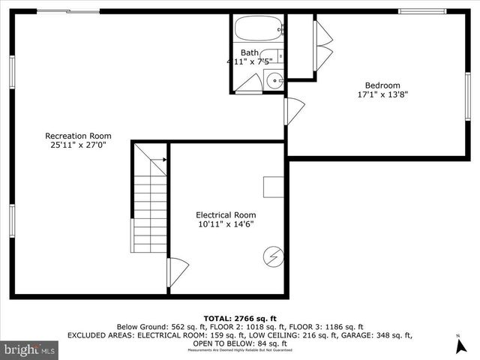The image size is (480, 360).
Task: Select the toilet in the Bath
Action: pyautogui.click(x=278, y=56)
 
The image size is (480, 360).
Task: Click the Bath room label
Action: pyautogui.click(x=250, y=52)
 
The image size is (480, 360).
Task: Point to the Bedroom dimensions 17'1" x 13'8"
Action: pyautogui.click(x=382, y=95)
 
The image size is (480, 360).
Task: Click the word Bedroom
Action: pyautogui.click(x=382, y=85)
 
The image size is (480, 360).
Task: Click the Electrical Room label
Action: pyautogui.click(x=226, y=214)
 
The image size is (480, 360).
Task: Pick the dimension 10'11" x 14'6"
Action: pyautogui.click(x=226, y=224)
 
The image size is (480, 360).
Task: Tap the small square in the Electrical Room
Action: pyautogui.click(x=273, y=187)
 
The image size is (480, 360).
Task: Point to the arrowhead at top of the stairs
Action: pyautogui.click(x=161, y=160)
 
